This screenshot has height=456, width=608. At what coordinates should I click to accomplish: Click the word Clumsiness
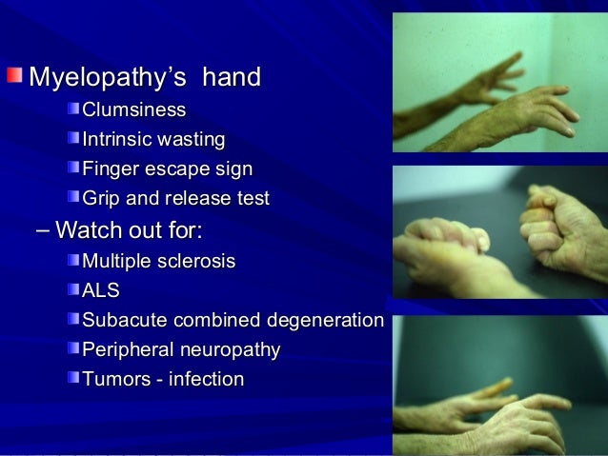[133, 111]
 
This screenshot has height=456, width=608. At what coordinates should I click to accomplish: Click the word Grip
[102, 200]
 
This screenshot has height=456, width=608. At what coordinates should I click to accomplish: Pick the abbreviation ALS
[102, 290]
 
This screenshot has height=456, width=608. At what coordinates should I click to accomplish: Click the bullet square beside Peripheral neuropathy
[73, 349]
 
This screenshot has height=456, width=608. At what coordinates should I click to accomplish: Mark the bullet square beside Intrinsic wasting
[73, 140]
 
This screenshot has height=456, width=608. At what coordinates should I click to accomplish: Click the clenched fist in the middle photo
[563, 228]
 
